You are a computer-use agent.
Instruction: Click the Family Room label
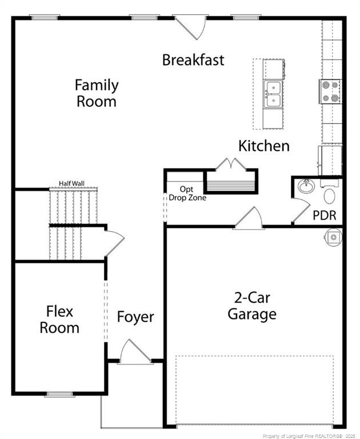97,93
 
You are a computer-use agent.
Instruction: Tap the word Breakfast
193,59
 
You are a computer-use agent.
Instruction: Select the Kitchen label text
263,146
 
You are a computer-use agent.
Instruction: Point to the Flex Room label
59,320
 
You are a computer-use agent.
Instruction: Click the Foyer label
135,317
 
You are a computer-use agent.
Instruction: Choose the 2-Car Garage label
251,306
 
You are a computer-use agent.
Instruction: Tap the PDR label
324,215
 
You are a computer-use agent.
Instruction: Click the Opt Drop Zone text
187,193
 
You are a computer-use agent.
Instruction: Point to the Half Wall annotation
71,183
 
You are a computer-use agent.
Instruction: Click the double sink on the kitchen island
273,95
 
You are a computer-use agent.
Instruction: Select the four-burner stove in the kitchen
330,91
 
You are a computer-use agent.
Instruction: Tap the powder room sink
305,186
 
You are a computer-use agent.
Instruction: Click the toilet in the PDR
330,195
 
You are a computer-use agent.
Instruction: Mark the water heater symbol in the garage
333,236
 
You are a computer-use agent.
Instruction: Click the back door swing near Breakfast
191,26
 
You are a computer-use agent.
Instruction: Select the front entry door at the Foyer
135,352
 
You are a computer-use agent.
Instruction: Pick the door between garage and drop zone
248,219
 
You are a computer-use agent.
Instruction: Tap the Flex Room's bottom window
59,394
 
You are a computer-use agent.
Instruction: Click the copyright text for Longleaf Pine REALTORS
309,436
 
